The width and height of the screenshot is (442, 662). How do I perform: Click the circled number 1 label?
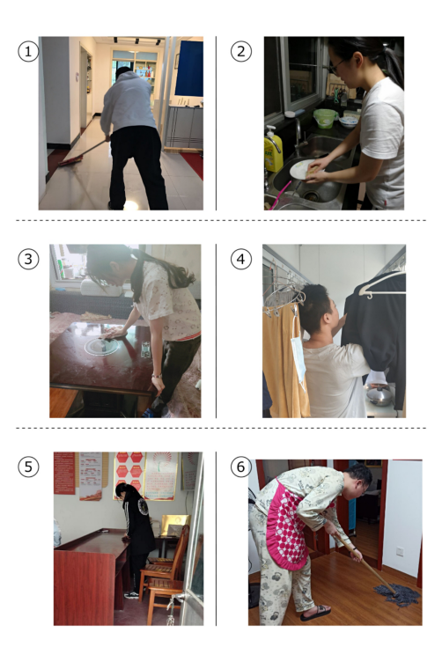click(28, 51)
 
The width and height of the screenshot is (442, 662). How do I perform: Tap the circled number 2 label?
click(241, 51)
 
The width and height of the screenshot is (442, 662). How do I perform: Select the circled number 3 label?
click(28, 259)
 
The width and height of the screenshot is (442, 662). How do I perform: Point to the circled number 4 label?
click(241, 259)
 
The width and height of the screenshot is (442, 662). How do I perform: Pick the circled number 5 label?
click(28, 467)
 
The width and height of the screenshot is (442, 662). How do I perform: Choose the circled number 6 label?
click(241, 467)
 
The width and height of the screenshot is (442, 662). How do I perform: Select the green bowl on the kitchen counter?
click(325, 118)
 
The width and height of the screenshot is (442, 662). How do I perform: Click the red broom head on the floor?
click(70, 160)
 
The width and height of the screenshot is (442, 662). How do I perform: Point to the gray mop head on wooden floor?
click(397, 595)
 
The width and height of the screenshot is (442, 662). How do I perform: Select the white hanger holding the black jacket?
click(382, 285)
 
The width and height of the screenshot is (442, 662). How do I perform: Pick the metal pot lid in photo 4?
click(379, 394)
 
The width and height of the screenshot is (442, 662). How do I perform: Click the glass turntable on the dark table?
click(102, 347)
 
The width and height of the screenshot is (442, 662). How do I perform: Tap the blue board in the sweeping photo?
click(188, 68)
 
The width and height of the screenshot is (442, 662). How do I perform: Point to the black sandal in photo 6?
click(315, 613)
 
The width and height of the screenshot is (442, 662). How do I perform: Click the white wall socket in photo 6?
click(400, 551)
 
